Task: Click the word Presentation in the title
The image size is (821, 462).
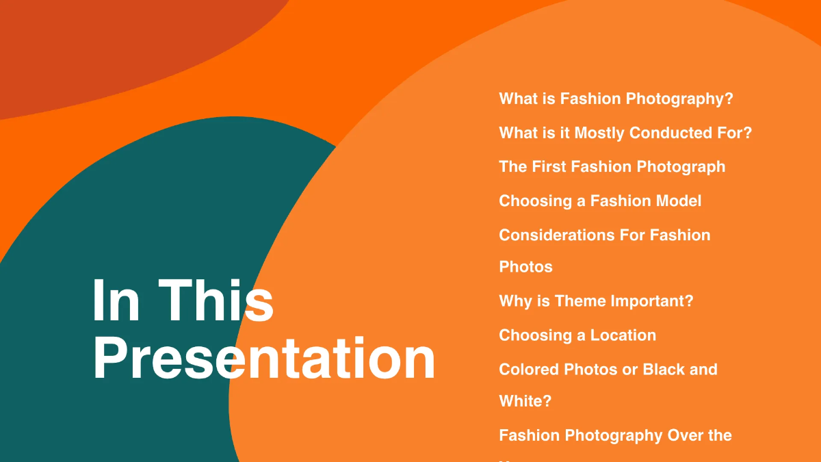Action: [263, 359]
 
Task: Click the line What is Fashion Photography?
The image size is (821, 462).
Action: [616, 99]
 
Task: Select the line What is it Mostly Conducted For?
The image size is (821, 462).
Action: [625, 133]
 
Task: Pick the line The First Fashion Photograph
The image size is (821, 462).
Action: [612, 166]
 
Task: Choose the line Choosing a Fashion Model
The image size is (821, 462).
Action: [600, 201]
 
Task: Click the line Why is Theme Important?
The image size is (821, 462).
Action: [596, 300]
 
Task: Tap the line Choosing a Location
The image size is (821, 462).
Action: [577, 335]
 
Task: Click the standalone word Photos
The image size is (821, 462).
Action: [525, 266]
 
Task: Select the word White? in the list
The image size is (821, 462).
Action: [525, 400]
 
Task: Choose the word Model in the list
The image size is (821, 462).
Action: [678, 201]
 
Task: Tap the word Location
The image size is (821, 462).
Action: [623, 335]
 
